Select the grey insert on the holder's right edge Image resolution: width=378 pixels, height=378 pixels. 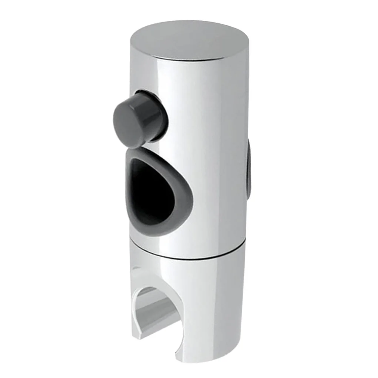[249, 169]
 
